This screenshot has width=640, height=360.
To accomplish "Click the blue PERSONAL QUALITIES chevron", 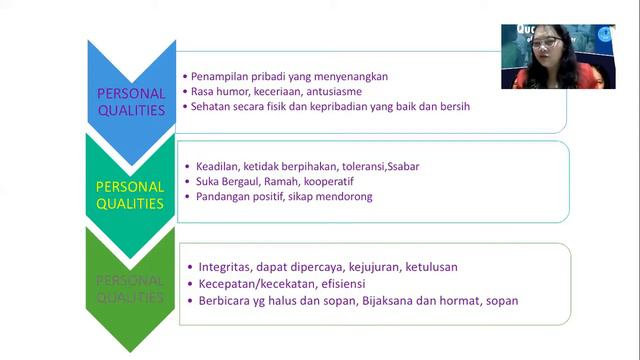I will pos(131,100).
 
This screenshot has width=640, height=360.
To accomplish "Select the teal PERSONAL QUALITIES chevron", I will pos(131,195).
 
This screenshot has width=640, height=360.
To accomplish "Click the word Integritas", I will pos(223,267).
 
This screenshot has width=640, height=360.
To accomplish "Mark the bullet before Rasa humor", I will pos(185,91).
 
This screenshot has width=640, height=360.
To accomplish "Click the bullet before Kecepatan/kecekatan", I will pos(190,284).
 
